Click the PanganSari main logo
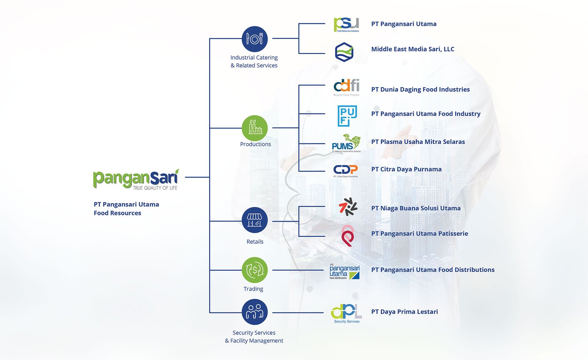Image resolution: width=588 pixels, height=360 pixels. point(136,179)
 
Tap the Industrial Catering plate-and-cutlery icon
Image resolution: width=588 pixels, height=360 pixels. point(254,39)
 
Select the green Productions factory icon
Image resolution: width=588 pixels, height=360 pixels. point(254,128)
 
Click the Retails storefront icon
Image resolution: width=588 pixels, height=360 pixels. point(254,220)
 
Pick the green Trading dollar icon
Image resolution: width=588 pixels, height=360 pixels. point(254,270)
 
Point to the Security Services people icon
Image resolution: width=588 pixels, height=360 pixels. point(254,312)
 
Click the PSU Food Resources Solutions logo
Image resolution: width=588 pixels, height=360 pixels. point(346,25)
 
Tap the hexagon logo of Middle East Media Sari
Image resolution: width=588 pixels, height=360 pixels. point(344,52)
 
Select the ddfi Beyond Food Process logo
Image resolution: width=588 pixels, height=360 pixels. point(346,87)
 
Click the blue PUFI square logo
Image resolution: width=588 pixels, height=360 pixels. point(347,116)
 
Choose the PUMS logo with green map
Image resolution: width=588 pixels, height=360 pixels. point(346,143)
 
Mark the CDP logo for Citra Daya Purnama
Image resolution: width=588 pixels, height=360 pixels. point(345,170)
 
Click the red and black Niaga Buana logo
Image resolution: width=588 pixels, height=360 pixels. point(348,207)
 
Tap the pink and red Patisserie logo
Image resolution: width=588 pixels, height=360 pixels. point(347,236)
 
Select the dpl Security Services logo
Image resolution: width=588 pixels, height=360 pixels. point(346,313)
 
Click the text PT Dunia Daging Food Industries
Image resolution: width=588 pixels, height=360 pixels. point(420,89)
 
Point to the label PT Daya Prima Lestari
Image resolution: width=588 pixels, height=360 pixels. point(404,312)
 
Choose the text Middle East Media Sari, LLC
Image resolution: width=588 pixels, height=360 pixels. point(413,49)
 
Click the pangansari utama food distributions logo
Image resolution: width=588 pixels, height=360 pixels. point(344,272)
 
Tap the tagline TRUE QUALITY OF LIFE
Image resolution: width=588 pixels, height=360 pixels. point(155,188)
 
